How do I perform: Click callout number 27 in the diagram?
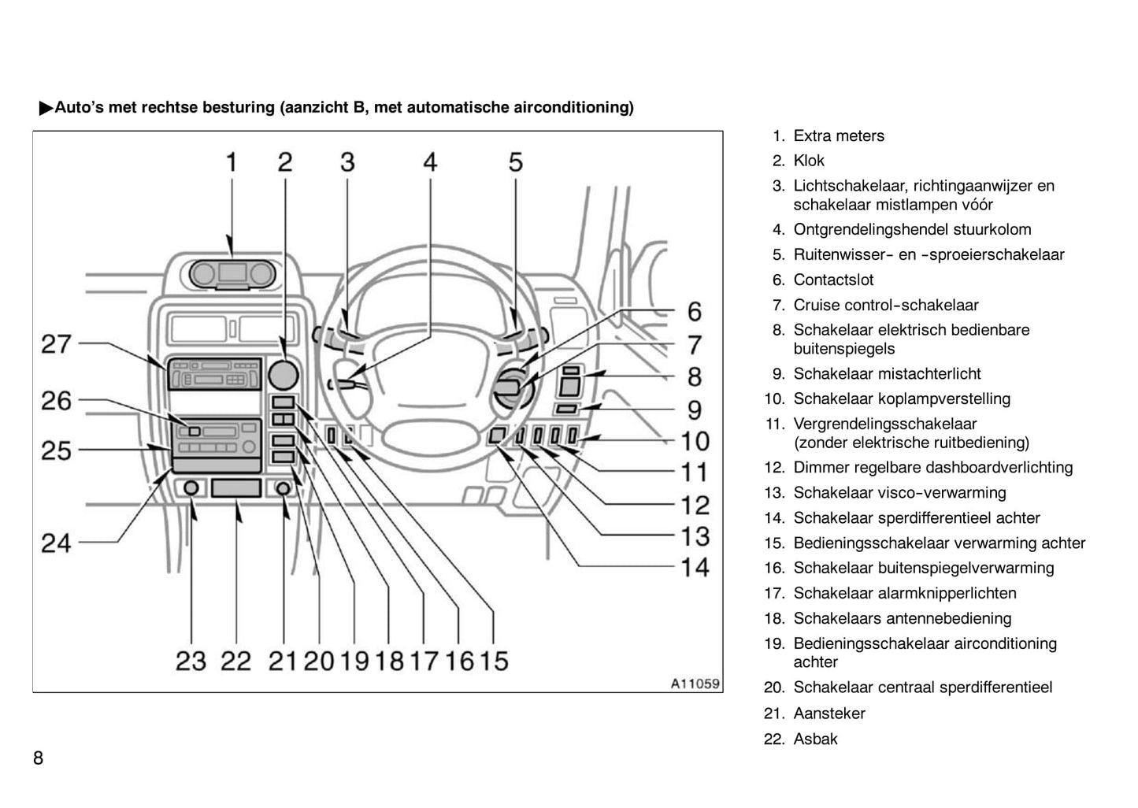click(x=56, y=344)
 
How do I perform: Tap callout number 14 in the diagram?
click(x=695, y=567)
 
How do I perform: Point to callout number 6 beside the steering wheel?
click(x=694, y=312)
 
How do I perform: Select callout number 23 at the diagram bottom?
click(x=191, y=661)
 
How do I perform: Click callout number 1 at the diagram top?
click(x=232, y=162)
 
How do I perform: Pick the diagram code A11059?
click(x=695, y=684)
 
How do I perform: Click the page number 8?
click(x=38, y=758)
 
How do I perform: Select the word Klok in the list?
click(x=809, y=161)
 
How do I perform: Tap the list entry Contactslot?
click(x=833, y=280)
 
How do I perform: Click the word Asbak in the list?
click(x=815, y=739)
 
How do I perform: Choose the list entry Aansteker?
click(x=828, y=714)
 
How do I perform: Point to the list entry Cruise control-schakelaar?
click(x=885, y=306)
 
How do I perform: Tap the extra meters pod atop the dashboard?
click(x=232, y=274)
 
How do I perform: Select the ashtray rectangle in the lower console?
click(x=236, y=488)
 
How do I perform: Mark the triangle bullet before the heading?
click(x=46, y=108)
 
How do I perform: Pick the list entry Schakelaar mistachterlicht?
click(x=887, y=374)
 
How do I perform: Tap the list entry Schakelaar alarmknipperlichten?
click(x=904, y=594)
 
